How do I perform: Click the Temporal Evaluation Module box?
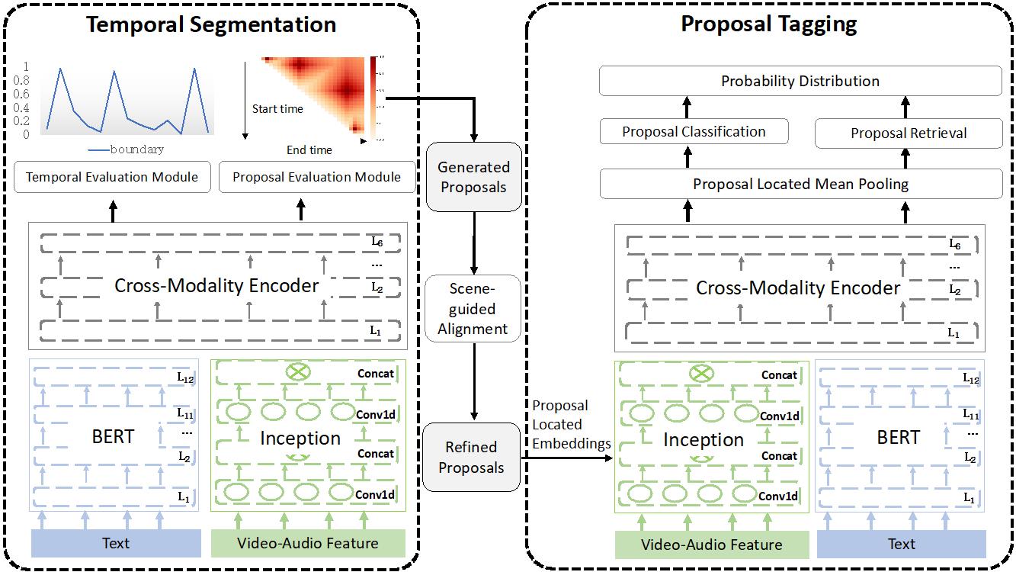click(x=112, y=177)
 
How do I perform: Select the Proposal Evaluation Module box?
click(x=316, y=177)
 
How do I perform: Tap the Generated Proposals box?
click(x=473, y=177)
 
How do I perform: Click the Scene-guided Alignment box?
click(x=473, y=309)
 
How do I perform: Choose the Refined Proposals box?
click(x=471, y=457)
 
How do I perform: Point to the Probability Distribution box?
click(x=800, y=81)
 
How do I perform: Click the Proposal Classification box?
click(x=694, y=131)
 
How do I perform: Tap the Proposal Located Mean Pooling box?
click(x=800, y=184)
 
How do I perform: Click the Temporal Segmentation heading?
click(x=211, y=24)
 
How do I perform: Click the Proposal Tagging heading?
click(x=768, y=24)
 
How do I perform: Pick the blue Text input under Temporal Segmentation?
click(x=116, y=543)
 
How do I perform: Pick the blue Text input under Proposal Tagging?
click(x=901, y=544)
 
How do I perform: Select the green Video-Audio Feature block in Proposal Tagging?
click(x=712, y=545)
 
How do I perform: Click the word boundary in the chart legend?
click(x=136, y=149)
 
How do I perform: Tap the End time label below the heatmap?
click(x=309, y=150)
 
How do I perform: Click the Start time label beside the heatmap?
click(x=277, y=109)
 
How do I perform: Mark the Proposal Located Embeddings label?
click(x=571, y=425)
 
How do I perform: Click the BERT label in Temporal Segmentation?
click(x=113, y=436)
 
